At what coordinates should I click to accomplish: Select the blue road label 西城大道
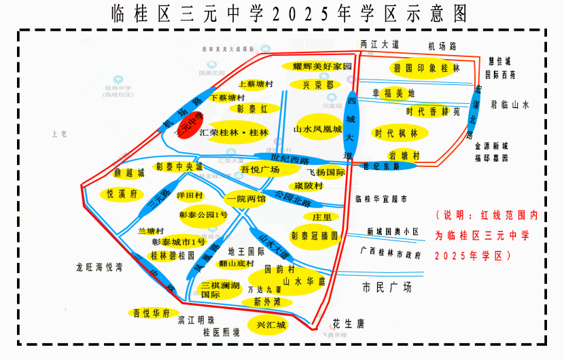coord(351,126)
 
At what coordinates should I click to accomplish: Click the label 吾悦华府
coord(151,313)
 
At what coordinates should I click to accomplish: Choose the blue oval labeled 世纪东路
coord(381,165)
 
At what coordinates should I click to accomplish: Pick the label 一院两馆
coord(247,200)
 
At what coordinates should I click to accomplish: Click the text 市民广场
coord(387,287)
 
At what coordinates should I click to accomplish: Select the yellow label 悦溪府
coord(122,194)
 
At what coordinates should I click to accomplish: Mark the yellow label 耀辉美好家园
coord(318,67)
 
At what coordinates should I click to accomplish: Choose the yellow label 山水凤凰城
coord(317,128)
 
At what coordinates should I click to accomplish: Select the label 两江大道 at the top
coord(379,44)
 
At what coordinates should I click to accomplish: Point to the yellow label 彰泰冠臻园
coord(315,235)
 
